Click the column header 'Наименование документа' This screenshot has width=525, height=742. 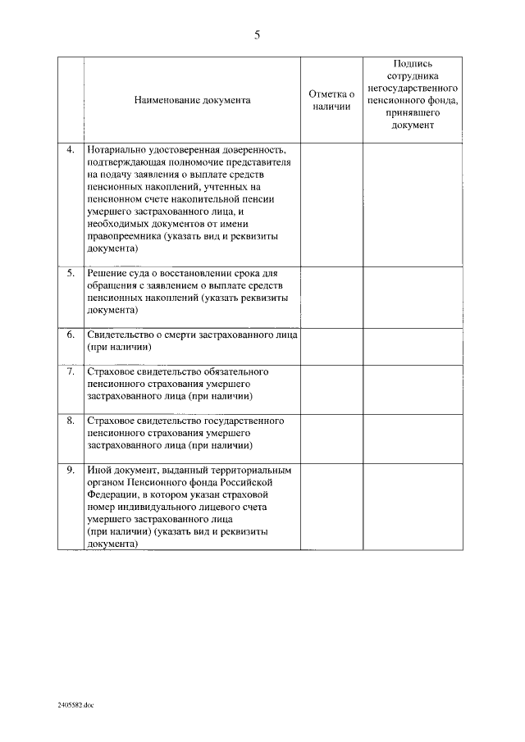193,100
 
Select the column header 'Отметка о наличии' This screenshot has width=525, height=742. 331,100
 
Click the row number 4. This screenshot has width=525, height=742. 71,150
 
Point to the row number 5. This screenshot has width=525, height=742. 71,272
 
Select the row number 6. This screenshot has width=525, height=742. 71,335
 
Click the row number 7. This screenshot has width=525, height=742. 71,371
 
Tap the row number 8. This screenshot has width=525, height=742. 71,421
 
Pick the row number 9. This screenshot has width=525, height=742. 71,471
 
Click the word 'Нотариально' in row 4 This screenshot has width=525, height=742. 116,150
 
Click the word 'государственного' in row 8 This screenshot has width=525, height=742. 244,421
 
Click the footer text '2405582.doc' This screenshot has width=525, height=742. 76,703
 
